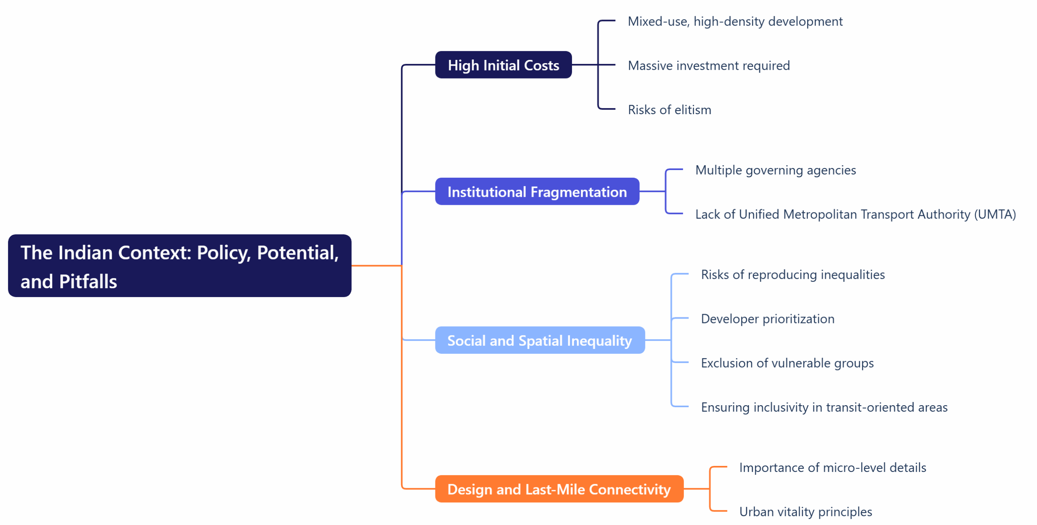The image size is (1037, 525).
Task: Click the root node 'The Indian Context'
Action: pyautogui.click(x=179, y=266)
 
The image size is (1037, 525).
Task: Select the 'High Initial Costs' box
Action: pyautogui.click(x=503, y=65)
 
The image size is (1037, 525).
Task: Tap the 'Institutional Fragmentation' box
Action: pyautogui.click(x=537, y=191)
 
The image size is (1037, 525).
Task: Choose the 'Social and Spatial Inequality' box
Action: pyautogui.click(x=540, y=340)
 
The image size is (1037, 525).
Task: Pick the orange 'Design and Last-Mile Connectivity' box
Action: pyautogui.click(x=559, y=489)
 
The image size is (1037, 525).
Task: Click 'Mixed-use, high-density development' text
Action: pyautogui.click(x=735, y=21)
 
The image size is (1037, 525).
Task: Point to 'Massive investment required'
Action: pyautogui.click(x=708, y=66)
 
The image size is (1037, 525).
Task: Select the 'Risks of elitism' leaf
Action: pyautogui.click(x=669, y=110)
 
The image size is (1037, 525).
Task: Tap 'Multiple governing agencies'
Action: pyautogui.click(x=775, y=170)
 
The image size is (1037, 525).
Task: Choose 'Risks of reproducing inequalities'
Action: pyautogui.click(x=793, y=274)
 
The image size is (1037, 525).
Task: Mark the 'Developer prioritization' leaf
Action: pyautogui.click(x=768, y=319)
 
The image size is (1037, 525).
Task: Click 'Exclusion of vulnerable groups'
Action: pyautogui.click(x=787, y=363)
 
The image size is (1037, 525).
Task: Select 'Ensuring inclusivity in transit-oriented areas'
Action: pyautogui.click(x=824, y=407)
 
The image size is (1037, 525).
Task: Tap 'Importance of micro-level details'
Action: pyautogui.click(x=832, y=468)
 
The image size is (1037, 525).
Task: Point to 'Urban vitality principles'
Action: pyautogui.click(x=805, y=512)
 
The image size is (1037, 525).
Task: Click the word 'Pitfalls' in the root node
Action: pyautogui.click(x=88, y=282)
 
